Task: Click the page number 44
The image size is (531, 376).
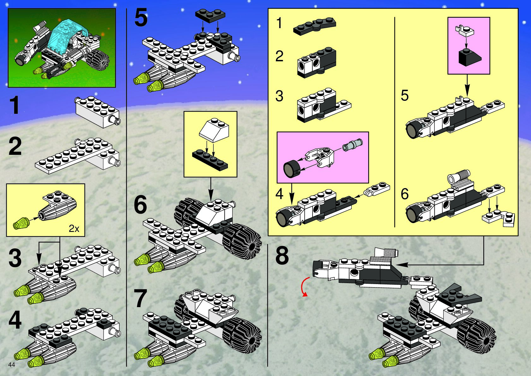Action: point(12,365)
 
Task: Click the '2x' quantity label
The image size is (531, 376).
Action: point(74,228)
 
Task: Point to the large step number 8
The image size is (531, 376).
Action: point(282,256)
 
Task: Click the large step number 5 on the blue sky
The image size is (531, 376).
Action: point(141,18)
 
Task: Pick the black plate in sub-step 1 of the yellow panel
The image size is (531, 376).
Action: point(314,26)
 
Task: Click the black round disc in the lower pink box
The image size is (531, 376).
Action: point(291,169)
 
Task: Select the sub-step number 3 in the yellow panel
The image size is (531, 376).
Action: point(279,96)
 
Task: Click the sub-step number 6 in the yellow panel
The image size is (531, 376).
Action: point(405,194)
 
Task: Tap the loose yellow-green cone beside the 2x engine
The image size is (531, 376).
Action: point(21,223)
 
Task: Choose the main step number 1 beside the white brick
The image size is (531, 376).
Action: point(15,106)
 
